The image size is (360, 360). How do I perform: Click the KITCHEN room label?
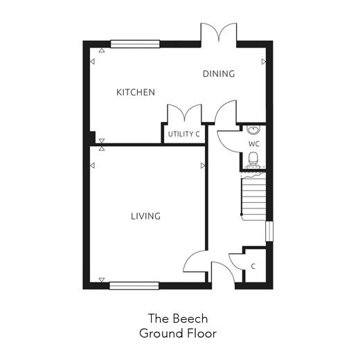click(136, 92)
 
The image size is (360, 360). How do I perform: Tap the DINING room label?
click(219, 74)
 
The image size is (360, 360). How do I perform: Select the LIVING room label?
click(145, 216)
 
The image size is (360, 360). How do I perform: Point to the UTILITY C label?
click(183, 134)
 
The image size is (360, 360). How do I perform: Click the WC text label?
click(254, 144)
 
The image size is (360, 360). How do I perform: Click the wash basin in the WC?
click(253, 129)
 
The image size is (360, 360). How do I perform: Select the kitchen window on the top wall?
click(135, 44)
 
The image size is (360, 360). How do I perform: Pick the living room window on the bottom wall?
click(134, 286)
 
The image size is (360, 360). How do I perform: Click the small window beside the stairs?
click(269, 231)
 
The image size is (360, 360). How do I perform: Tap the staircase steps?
click(253, 196)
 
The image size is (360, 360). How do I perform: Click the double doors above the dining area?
click(219, 33)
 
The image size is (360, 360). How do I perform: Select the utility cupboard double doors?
click(184, 113)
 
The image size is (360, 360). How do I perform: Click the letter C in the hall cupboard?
click(253, 267)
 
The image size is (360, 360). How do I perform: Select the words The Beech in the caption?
click(178, 318)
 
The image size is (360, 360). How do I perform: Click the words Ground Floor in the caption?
click(178, 334)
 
